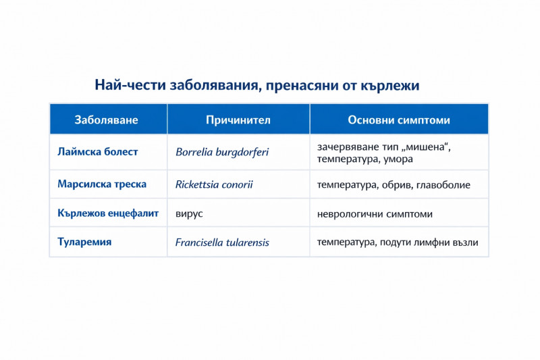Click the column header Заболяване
(107, 120)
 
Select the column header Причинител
(238, 120)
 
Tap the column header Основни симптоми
(399, 120)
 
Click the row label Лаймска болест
(98, 152)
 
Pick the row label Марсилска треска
(102, 184)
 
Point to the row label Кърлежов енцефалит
(108, 213)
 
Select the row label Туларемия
(84, 242)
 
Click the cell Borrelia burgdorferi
(222, 153)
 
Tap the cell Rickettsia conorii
(215, 184)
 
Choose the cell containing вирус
(189, 213)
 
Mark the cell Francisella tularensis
(222, 242)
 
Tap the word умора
(398, 159)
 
